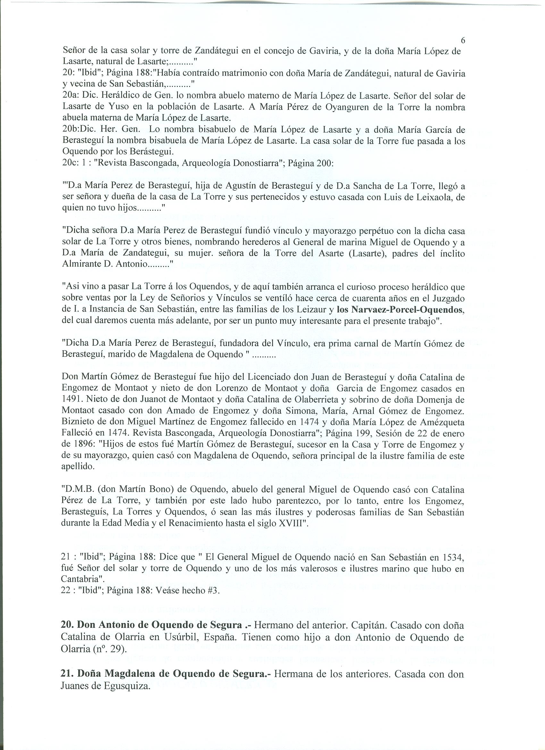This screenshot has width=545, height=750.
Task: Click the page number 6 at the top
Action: pyautogui.click(x=463, y=41)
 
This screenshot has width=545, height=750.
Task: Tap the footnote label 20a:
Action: pyautogui.click(x=71, y=96)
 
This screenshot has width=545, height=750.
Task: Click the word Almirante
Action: pyautogui.click(x=80, y=265)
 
